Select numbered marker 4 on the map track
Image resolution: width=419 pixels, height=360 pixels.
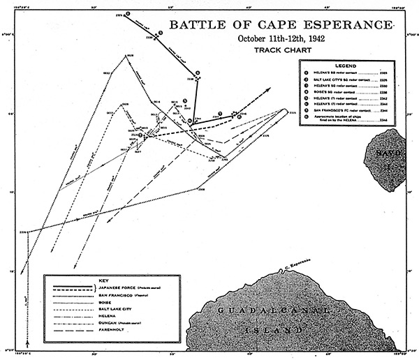198,72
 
